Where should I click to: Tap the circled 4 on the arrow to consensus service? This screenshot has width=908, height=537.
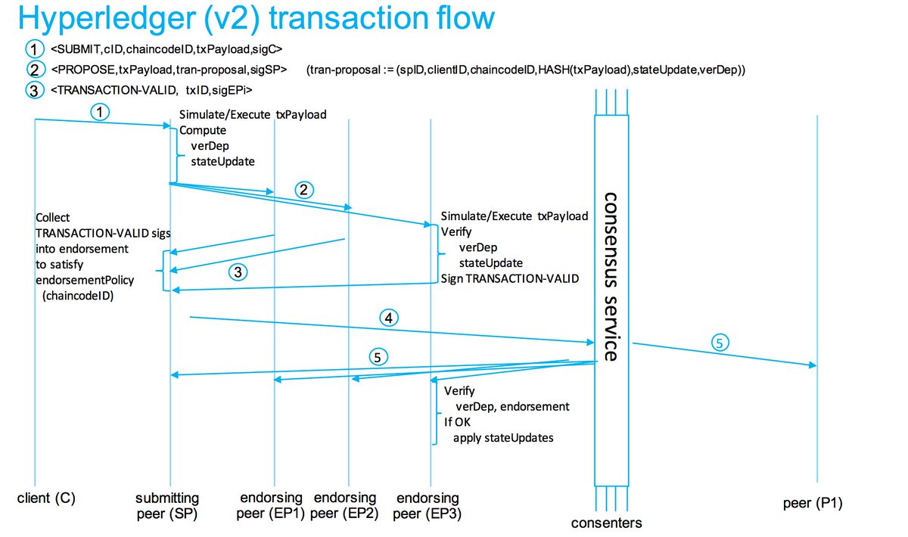388,318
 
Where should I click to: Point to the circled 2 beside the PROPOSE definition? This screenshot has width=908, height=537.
35,70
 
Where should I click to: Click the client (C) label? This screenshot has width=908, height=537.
47,500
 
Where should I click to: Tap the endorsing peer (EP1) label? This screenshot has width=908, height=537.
272,506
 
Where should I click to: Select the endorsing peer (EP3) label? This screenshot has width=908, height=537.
428,506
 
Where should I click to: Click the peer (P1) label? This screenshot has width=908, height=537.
813,503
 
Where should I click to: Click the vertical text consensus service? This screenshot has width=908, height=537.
612,276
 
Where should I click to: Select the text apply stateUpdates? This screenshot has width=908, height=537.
503,437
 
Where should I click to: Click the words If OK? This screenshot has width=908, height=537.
457,422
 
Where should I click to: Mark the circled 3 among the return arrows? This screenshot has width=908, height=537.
238,274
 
